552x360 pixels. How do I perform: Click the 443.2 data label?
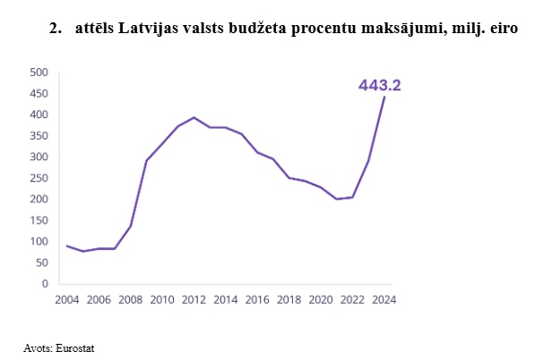379,86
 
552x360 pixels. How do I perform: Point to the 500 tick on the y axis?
38,73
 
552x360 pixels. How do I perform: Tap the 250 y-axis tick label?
38,178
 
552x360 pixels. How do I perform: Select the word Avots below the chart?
38,346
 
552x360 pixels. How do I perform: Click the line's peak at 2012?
194,117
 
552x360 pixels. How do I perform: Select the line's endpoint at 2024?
384,97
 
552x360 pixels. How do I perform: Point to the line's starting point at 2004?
66,245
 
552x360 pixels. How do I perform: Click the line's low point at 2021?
336,199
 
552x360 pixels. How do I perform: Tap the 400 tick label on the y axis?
38,115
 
